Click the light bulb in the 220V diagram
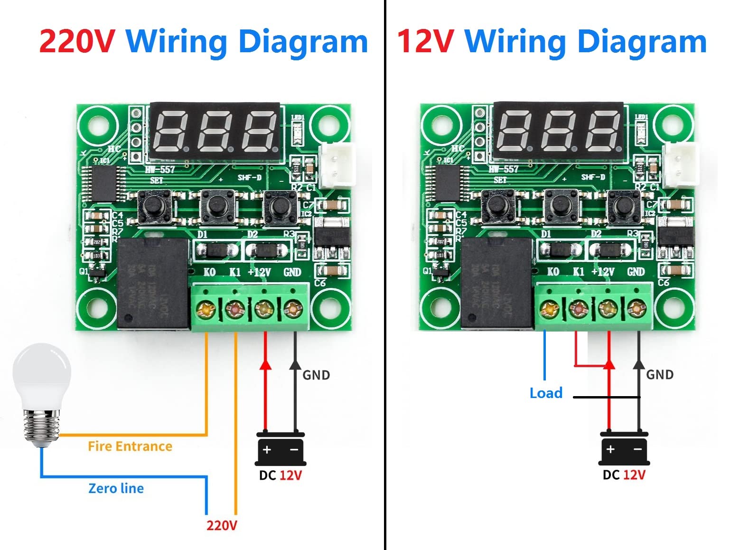pos(42,394)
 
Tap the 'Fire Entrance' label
pos(130,446)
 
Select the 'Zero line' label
pos(116,488)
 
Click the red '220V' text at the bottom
pos(221,525)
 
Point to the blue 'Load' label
pos(546,393)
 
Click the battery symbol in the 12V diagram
pos(624,449)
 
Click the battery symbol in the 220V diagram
pos(281,449)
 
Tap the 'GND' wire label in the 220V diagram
pos(316,375)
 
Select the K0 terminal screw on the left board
pos(206,310)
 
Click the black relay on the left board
pos(153,284)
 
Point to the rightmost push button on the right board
pos(622,205)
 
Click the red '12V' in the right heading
pos(425,42)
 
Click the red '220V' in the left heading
pos(76,42)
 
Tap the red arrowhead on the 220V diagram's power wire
pos(265,364)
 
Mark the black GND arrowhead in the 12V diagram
pos(639,364)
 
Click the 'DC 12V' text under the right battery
pos(624,475)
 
